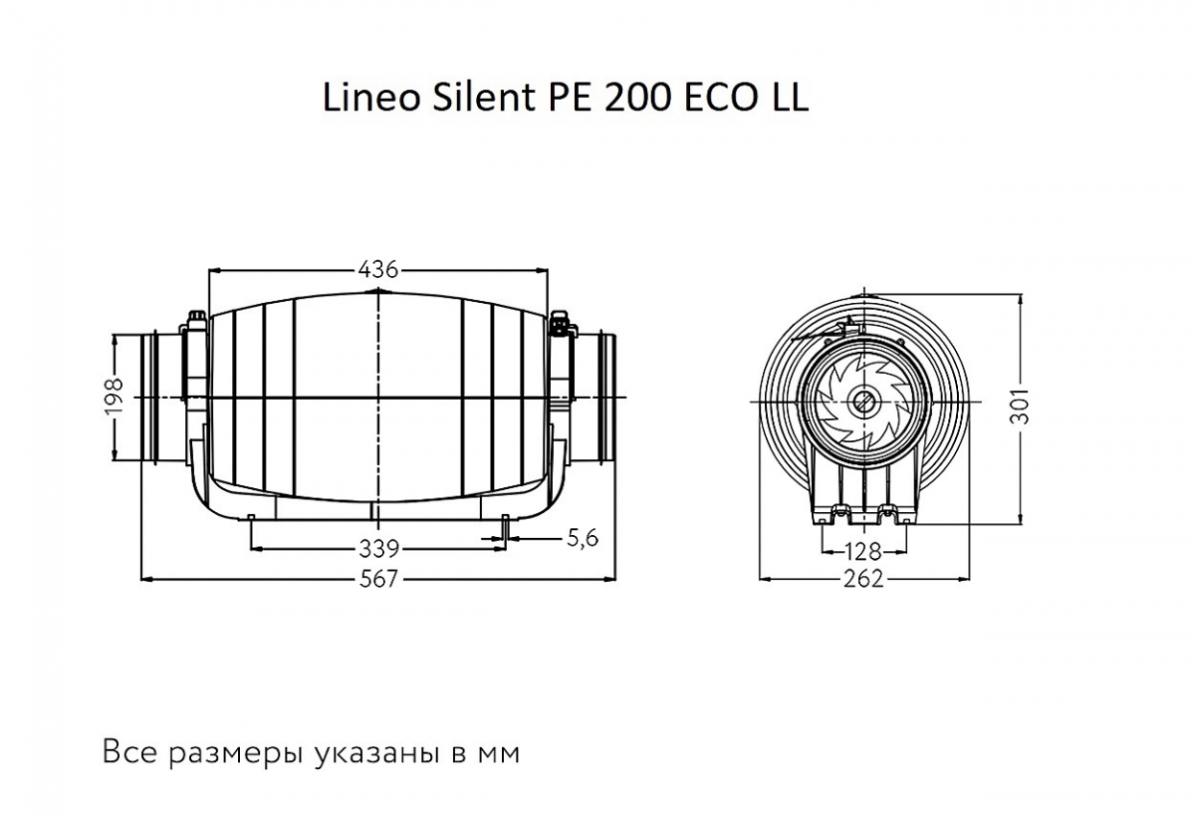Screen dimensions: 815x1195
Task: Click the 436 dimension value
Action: coord(377,269)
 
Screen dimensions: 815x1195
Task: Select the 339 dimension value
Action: coord(378,547)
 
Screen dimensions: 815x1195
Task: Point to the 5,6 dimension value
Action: coord(581,539)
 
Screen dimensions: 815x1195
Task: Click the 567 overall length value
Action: coord(378,579)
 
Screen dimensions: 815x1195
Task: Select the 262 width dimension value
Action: coord(863,579)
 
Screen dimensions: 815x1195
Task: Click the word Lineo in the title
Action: coord(360,98)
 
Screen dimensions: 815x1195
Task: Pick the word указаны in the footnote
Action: coord(372,753)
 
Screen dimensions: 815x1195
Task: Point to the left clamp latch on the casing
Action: coord(195,325)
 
